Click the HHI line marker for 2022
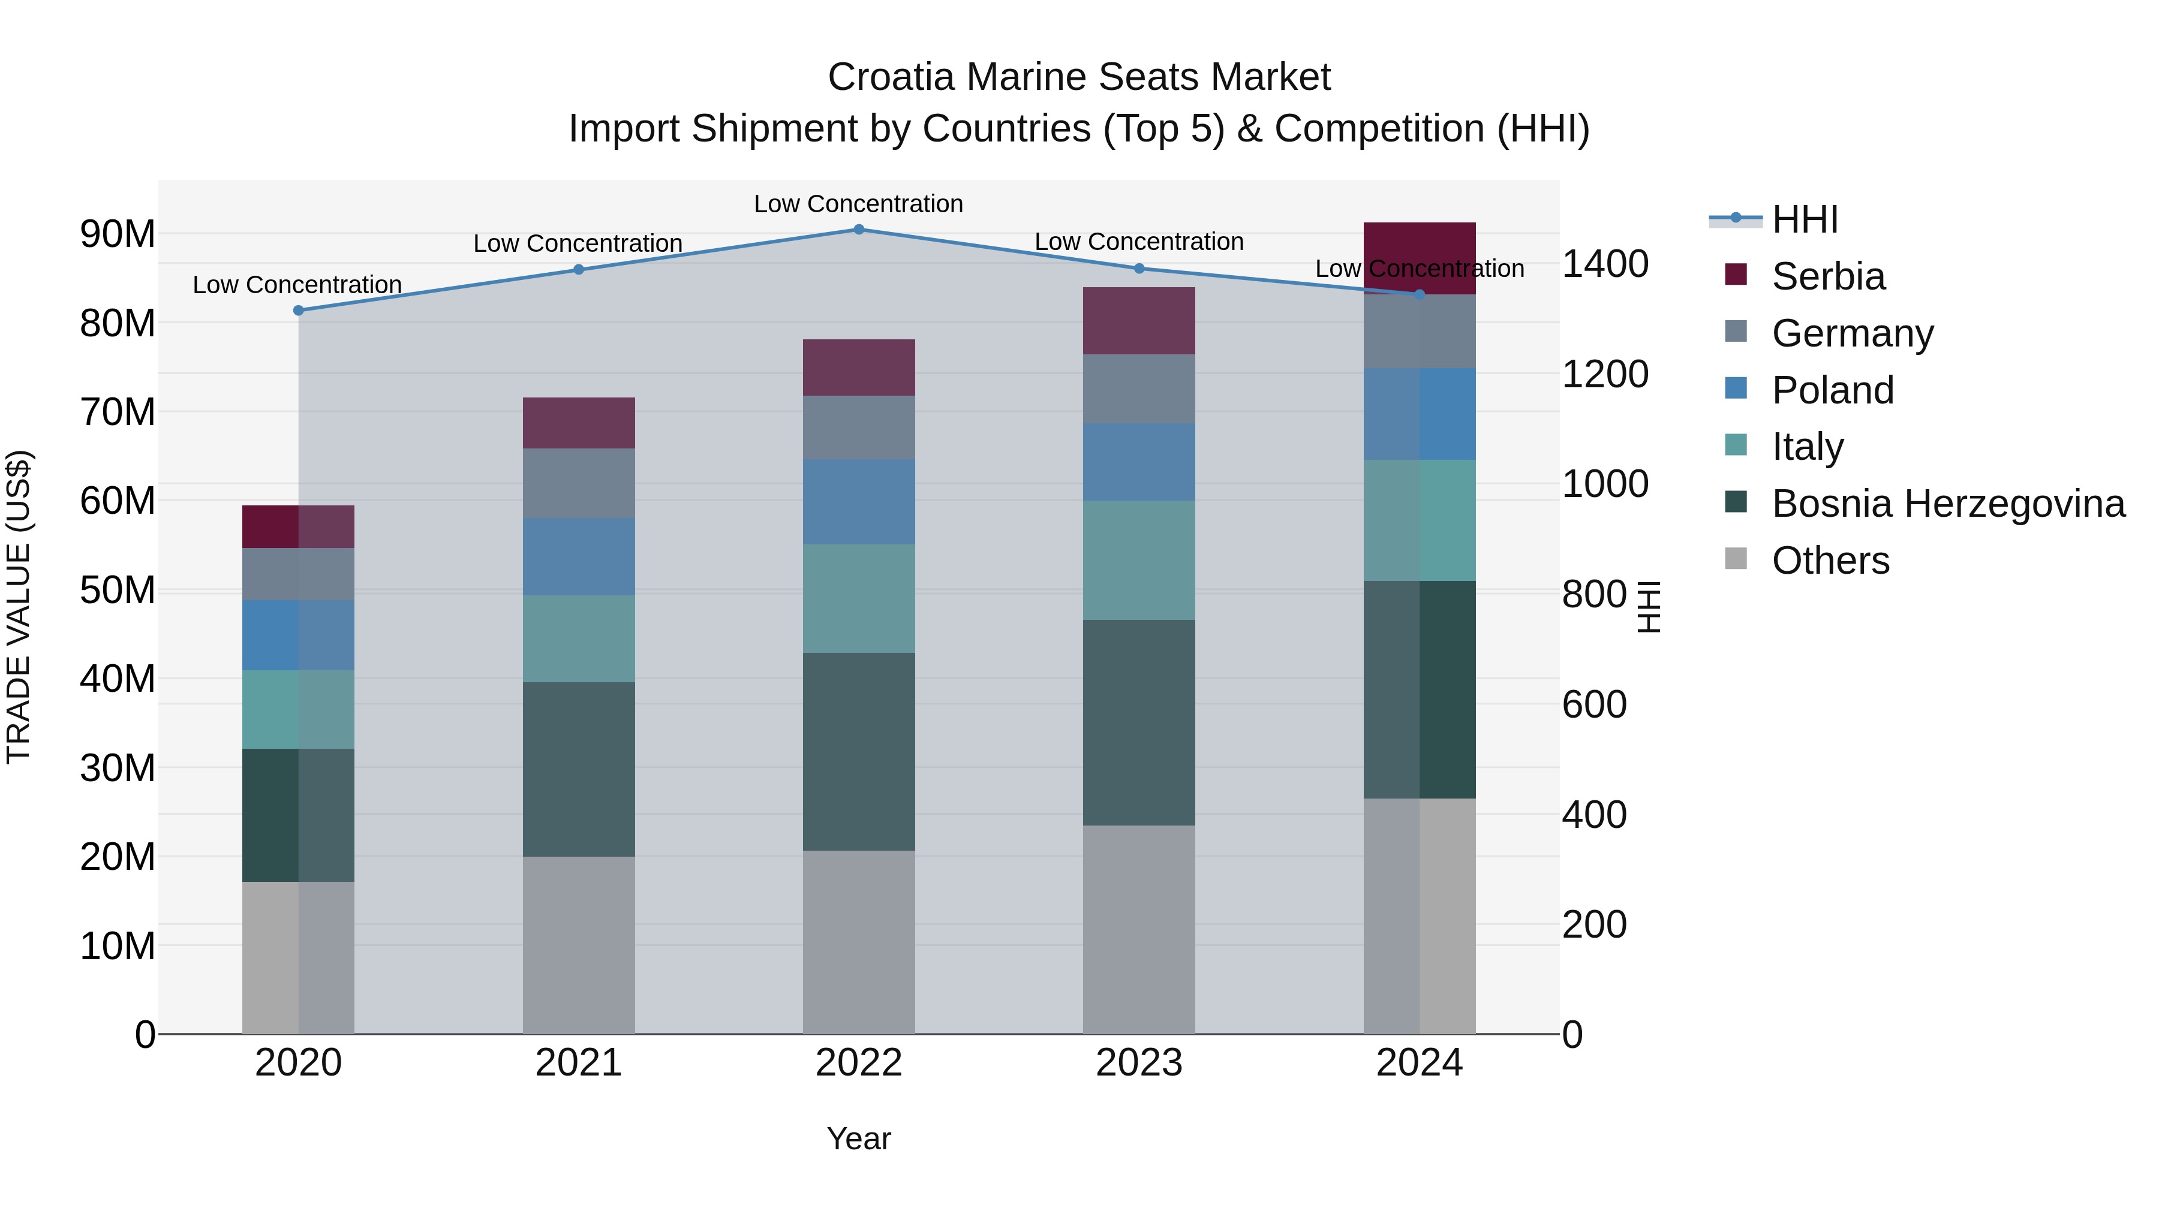pos(858,229)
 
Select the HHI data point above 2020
pos(299,310)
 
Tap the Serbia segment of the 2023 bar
pos(1138,321)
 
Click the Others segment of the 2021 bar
pos(578,944)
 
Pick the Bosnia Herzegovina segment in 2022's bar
pos(858,752)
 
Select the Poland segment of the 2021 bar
pos(578,556)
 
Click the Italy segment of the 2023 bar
pos(1138,560)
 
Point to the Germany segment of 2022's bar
pos(858,427)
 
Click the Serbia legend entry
pos(1827,276)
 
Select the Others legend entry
pos(1830,561)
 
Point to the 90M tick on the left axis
pos(118,234)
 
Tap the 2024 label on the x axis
pos(1419,1063)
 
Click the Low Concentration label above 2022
pos(858,204)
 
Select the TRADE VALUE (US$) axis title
pos(19,607)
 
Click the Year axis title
pos(858,1138)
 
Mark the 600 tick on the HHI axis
pos(1594,704)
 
